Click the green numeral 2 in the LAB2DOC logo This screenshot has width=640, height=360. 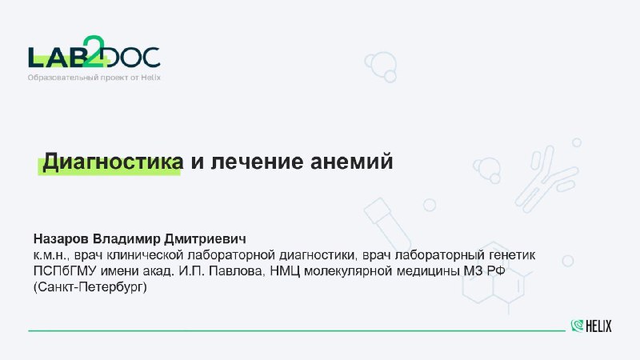[94, 51]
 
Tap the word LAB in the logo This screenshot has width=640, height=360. [56, 58]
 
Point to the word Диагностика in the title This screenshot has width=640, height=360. [113, 161]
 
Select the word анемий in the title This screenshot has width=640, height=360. [351, 161]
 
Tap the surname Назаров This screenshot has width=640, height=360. [61, 238]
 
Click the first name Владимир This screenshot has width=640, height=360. [126, 238]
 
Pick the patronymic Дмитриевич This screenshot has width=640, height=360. [205, 238]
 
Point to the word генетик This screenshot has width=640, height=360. [511, 255]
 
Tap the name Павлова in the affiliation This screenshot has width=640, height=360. [237, 271]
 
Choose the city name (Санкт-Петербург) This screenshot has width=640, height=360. [90, 287]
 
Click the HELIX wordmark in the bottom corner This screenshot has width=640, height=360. [598, 326]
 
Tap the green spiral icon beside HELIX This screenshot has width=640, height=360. [577, 326]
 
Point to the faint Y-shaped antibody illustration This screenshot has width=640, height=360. [546, 179]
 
